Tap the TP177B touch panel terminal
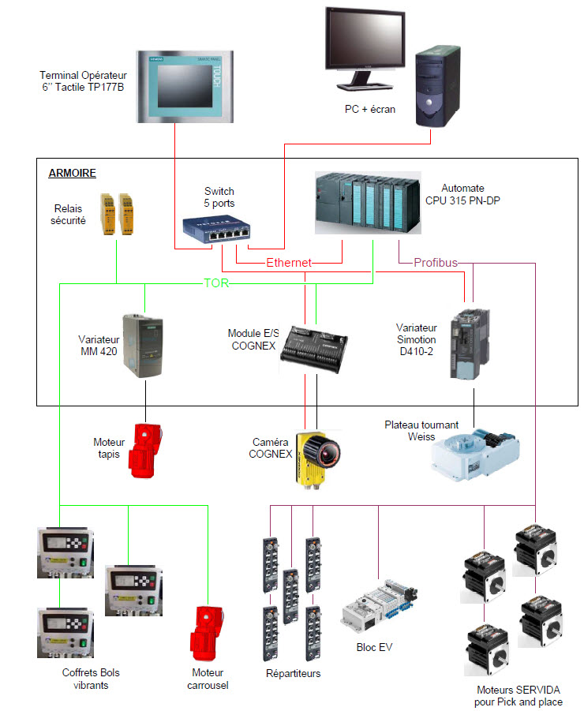pos(186,87)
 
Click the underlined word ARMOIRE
pos(72,173)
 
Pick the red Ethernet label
pos(289,262)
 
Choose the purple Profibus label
pos(436,262)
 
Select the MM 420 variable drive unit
pos(143,345)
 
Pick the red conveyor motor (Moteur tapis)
pos(146,450)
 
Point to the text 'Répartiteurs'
pos(294,673)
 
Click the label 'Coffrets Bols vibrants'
pos(91,679)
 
